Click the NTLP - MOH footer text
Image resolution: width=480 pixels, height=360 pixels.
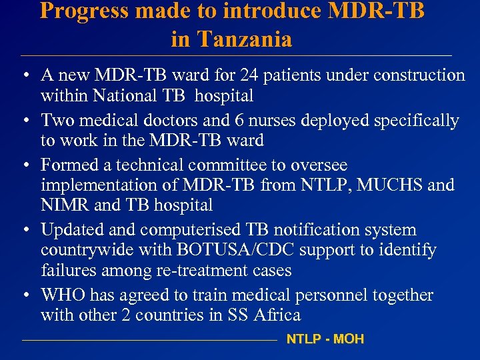tap(325, 339)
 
